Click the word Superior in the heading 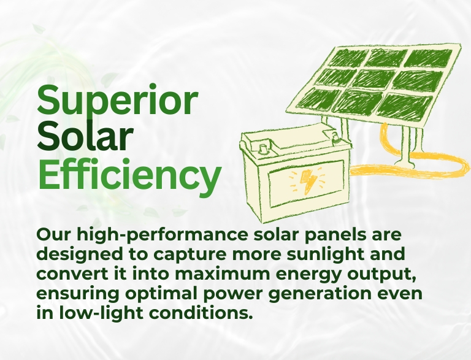[x=117, y=101]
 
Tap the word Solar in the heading [x=85, y=136]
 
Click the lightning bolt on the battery [x=308, y=181]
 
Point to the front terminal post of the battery [x=263, y=148]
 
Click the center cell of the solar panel [x=372, y=79]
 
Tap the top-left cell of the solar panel [x=350, y=57]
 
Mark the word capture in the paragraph [x=190, y=255]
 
